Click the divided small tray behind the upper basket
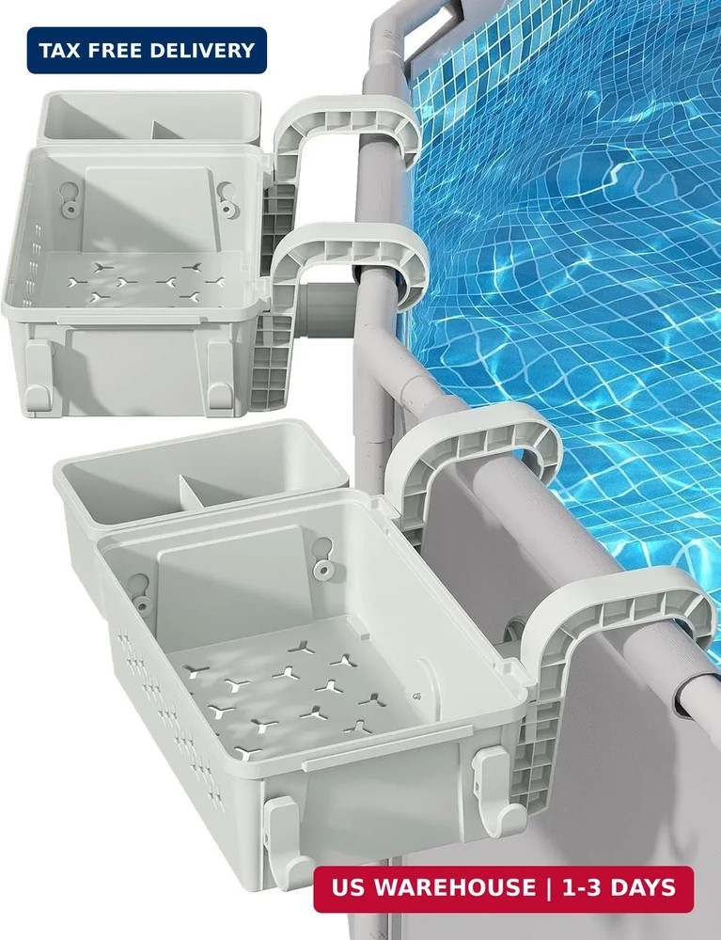pyautogui.click(x=149, y=117)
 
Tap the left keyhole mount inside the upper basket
pyautogui.click(x=69, y=196)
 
